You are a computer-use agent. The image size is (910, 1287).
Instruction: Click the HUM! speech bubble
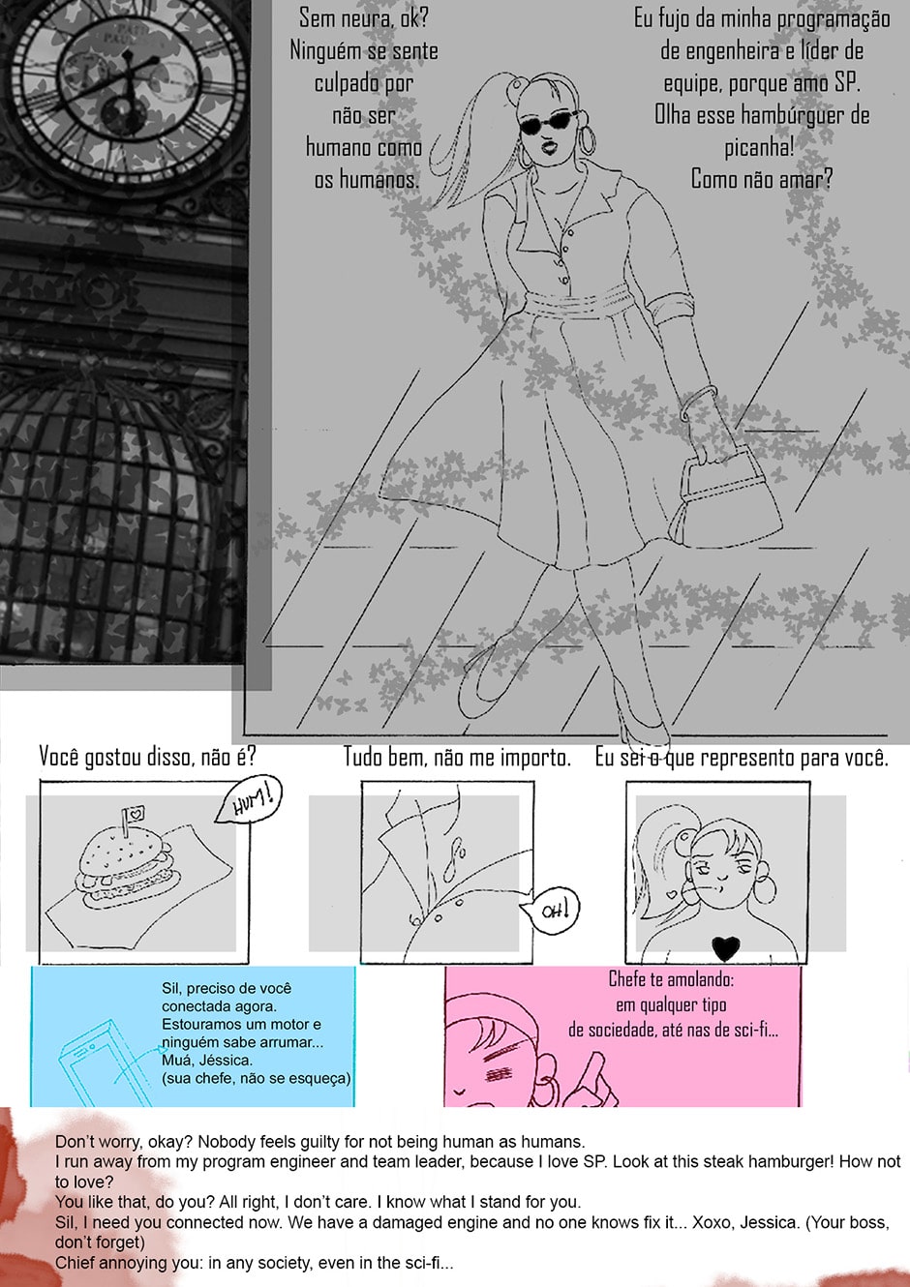[249, 799]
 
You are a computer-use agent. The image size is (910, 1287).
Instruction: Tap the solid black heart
[725, 948]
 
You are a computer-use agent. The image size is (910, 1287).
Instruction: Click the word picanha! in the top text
[759, 148]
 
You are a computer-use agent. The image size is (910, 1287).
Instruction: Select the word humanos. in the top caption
[366, 180]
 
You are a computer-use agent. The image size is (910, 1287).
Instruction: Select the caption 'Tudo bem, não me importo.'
[457, 757]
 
